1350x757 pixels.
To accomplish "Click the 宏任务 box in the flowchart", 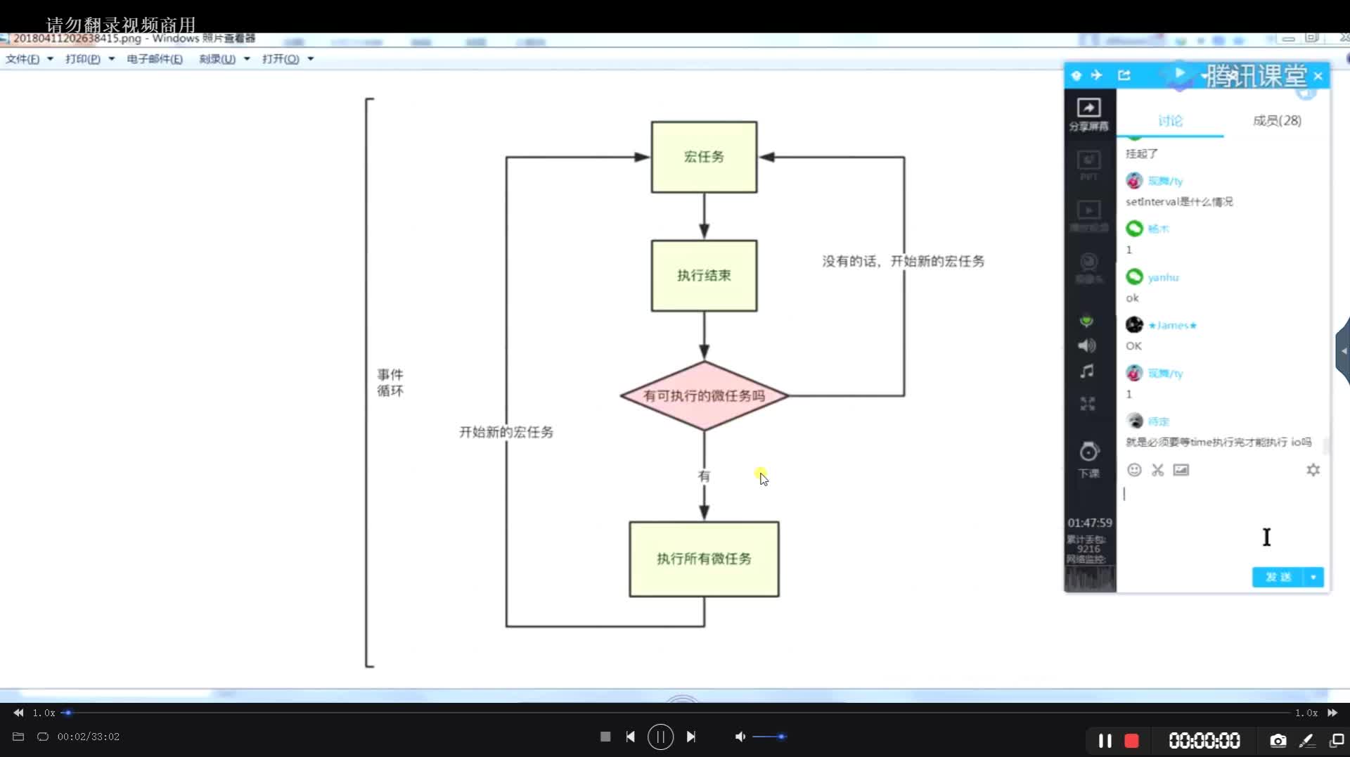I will click(x=704, y=157).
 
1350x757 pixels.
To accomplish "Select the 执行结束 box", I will click(x=704, y=276).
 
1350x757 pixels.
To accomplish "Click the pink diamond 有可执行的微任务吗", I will click(x=704, y=396).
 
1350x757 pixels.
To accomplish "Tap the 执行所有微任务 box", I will click(x=704, y=559).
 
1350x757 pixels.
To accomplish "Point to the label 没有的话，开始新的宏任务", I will click(x=903, y=262).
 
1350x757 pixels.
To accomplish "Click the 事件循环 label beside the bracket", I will click(x=390, y=383).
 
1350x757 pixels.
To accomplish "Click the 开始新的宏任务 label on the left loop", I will click(x=506, y=432).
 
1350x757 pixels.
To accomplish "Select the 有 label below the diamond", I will click(x=704, y=476).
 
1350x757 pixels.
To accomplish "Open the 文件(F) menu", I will click(x=23, y=59).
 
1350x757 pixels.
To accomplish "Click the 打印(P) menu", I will click(x=83, y=59).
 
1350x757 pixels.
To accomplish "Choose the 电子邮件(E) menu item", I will click(x=155, y=59).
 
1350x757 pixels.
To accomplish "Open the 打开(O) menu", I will click(x=281, y=59).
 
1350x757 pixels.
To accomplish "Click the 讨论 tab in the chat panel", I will click(x=1170, y=121).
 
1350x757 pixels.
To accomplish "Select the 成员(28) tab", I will click(x=1277, y=121).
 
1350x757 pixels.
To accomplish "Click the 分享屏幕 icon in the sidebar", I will click(x=1088, y=113).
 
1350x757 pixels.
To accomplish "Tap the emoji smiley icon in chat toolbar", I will click(x=1134, y=470).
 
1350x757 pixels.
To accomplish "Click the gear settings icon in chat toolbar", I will click(x=1313, y=470).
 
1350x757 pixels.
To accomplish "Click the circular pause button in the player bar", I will click(x=660, y=737).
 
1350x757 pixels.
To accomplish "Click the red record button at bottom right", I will click(x=1131, y=740).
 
